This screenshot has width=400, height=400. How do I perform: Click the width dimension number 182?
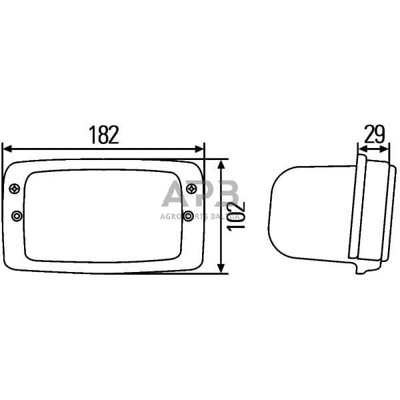(x=104, y=135)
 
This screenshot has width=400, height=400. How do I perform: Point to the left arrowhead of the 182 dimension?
(x=7, y=149)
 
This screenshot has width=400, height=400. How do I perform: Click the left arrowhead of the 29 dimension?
(x=361, y=149)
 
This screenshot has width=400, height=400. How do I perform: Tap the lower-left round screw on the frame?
(x=17, y=216)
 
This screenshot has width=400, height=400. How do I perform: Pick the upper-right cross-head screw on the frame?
(x=192, y=189)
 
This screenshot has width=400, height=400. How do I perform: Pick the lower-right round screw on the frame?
(x=189, y=215)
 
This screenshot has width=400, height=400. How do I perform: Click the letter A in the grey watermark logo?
(x=175, y=195)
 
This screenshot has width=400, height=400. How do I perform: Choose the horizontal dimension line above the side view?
(x=373, y=149)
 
